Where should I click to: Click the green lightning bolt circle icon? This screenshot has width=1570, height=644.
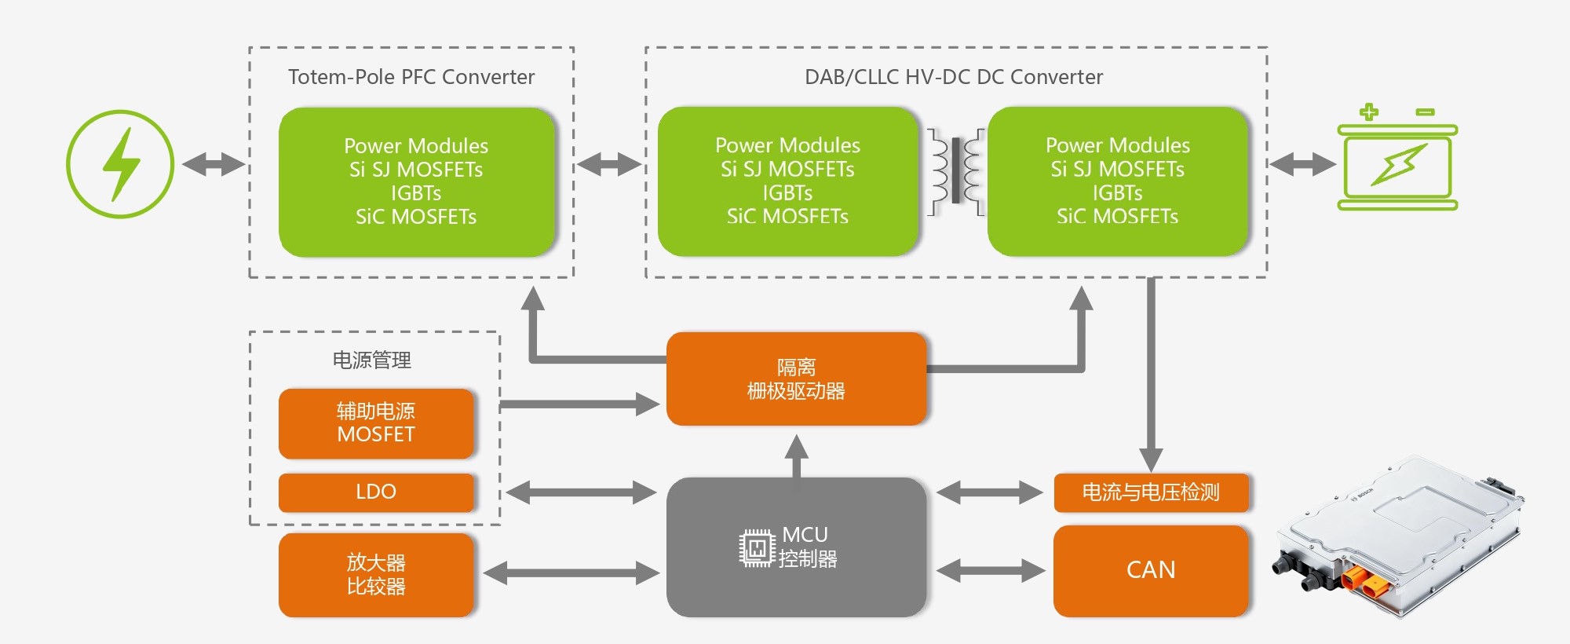click(x=120, y=163)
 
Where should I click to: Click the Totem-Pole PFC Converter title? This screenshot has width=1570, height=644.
click(x=411, y=77)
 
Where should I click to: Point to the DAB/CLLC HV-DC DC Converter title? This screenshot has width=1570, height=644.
click(x=954, y=77)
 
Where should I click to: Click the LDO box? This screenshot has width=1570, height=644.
click(x=376, y=492)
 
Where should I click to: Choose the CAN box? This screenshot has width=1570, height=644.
click(x=1151, y=570)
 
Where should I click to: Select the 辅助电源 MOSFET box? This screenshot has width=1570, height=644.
click(x=376, y=423)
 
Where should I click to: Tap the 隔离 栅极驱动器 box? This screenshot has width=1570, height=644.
click(x=796, y=379)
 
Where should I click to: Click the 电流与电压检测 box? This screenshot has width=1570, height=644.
click(x=1151, y=492)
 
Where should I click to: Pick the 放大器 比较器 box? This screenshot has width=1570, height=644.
click(x=376, y=575)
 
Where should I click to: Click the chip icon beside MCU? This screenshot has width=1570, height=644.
click(x=757, y=548)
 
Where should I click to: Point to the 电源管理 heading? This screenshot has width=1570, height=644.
click(x=372, y=360)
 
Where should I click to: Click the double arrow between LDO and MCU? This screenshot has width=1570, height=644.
click(x=581, y=492)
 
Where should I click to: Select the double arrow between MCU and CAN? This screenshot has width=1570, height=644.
click(x=990, y=570)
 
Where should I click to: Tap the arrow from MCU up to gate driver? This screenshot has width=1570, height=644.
click(x=797, y=456)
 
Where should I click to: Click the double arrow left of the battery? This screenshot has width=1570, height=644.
click(x=1302, y=164)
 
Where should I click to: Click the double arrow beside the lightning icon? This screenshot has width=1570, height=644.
click(x=214, y=164)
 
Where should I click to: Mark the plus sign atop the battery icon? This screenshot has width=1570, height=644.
click(x=1369, y=112)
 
